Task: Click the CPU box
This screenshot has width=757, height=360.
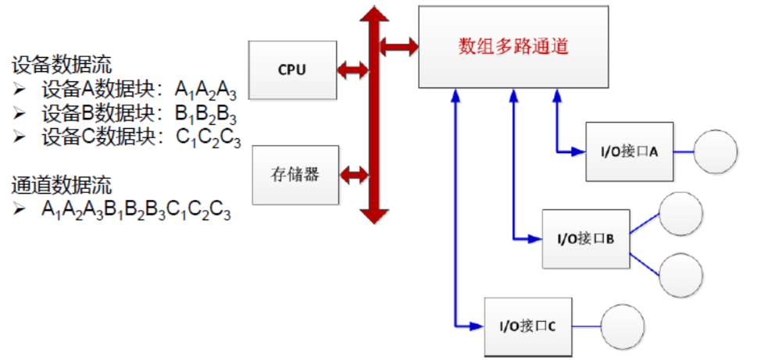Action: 292,69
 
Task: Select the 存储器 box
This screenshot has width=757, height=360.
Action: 295,174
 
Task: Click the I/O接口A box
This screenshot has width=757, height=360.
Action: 630,151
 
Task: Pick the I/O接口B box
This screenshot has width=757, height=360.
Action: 587,239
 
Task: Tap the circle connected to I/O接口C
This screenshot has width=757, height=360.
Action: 623,326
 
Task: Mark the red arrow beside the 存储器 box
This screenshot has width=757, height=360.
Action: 354,174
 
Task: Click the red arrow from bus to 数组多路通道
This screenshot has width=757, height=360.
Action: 398,46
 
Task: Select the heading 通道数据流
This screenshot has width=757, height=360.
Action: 62,186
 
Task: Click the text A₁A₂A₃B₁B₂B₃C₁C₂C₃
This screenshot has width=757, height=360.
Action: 137,210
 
